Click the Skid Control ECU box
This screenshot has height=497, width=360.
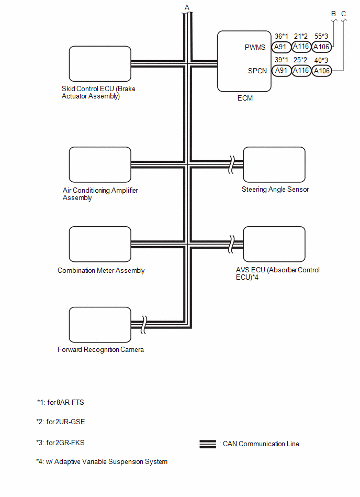tap(99, 63)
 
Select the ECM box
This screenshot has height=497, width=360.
tap(243, 61)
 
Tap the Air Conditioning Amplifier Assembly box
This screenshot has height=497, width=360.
tap(99, 164)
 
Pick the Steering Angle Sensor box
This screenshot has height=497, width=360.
tap(274, 164)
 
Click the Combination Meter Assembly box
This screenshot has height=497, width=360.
tap(99, 245)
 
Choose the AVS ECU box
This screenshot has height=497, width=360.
tap(274, 244)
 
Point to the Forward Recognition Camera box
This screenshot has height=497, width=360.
tap(99, 325)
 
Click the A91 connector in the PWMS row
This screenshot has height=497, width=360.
tap(282, 47)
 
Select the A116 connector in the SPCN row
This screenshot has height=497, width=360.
tap(301, 71)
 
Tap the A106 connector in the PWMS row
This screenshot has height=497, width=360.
tap(321, 47)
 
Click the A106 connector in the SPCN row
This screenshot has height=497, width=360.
tap(321, 71)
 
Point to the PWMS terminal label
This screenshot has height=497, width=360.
tap(256, 47)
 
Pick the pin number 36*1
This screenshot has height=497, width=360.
tap(282, 36)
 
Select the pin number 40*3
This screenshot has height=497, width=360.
tap(321, 60)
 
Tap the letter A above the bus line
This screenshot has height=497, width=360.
tap(187, 6)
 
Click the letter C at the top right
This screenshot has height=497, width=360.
tap(343, 13)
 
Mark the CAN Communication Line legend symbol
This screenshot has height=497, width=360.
tap(208, 444)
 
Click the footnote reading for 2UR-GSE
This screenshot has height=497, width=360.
tap(58, 422)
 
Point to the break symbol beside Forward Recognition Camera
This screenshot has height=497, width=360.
tap(144, 323)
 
